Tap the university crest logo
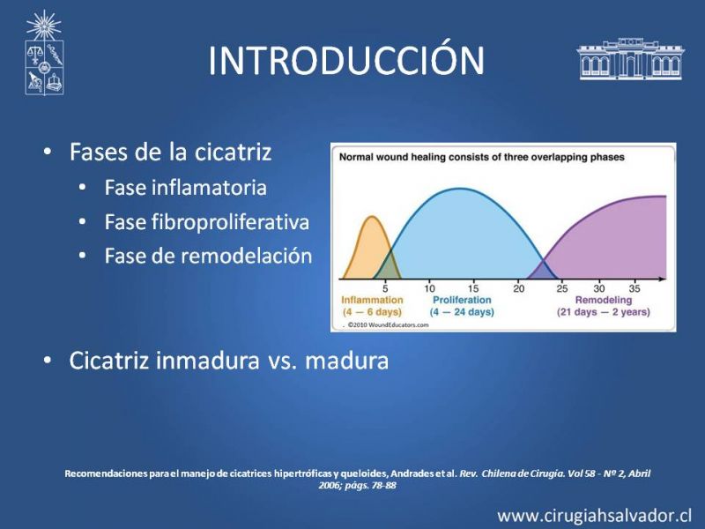click(x=44, y=53)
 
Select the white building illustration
click(x=630, y=59)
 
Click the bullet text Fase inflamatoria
click(x=185, y=188)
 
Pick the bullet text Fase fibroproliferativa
click(x=207, y=222)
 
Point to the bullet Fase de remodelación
click(x=208, y=256)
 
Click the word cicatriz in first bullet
click(x=233, y=152)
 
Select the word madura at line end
click(x=346, y=361)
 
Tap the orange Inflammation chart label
click(x=372, y=300)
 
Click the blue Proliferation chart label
click(x=462, y=300)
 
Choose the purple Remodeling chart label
click(x=604, y=300)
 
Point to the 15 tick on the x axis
click(x=473, y=288)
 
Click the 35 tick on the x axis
click(x=634, y=288)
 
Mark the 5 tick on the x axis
click(x=385, y=288)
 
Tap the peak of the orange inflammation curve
click(x=372, y=217)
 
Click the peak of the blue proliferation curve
click(x=462, y=189)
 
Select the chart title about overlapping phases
click(x=481, y=157)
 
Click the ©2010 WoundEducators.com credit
click(x=388, y=324)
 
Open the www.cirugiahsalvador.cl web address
click(x=594, y=516)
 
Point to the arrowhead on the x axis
click(x=663, y=279)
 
